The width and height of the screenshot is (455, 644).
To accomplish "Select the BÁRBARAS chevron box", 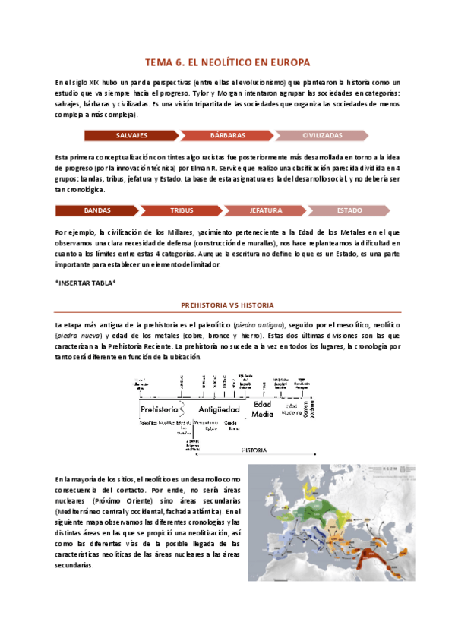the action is point(227,135).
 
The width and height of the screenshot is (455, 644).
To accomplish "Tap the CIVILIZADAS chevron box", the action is point(322,135).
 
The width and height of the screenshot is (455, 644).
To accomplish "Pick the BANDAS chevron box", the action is point(97,210).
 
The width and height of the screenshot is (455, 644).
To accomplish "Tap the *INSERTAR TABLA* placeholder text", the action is point(85,283).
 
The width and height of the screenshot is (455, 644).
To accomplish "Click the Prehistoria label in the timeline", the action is point(159,409).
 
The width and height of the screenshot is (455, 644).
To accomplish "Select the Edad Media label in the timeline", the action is point(262,409).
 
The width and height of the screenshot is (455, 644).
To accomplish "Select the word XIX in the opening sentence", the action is point(95,82).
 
